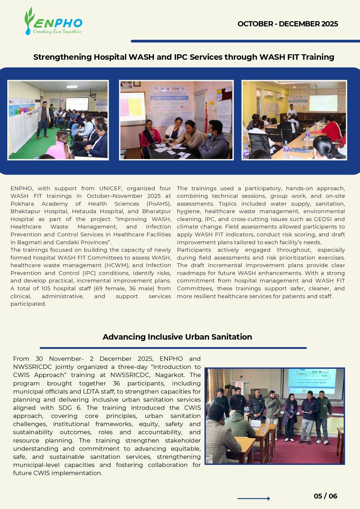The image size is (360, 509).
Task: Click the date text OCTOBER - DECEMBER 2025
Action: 287,24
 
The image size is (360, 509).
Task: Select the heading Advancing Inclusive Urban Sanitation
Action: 177,337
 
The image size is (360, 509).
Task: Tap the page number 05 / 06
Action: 325,496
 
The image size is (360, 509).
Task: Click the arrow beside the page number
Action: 254,499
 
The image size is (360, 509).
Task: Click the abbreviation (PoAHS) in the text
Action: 159,204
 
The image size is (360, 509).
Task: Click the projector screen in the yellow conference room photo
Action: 323,102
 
